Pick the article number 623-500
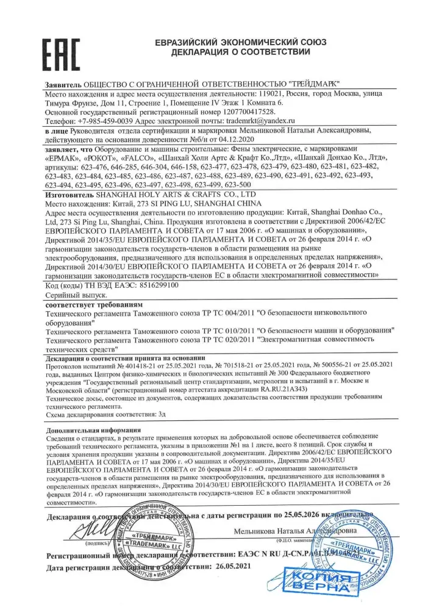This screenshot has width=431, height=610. (238, 184)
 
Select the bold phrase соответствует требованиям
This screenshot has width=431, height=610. (94, 304)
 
